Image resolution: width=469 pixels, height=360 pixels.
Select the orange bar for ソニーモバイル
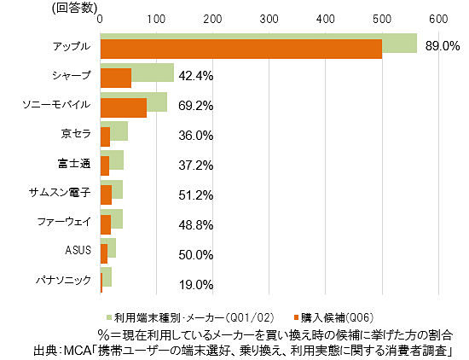pyautogui.click(x=124, y=107)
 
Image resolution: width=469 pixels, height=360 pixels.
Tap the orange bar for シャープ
pyautogui.click(x=116, y=78)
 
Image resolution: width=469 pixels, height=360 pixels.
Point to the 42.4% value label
pyautogui.click(x=195, y=76)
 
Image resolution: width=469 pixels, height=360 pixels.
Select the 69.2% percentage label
pyautogui.click(x=195, y=106)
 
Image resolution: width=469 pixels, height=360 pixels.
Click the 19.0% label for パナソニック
pyautogui.click(x=195, y=284)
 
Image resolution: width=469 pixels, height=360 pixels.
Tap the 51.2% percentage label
pyautogui.click(x=195, y=195)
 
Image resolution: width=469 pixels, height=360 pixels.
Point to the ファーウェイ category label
pyautogui.click(x=64, y=222)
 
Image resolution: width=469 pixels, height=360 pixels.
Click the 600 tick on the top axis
pyautogui.click(x=437, y=19)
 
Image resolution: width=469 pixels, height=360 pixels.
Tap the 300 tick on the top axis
pyautogui.click(x=269, y=19)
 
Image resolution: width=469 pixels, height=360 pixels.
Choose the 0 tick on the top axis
pyautogui.click(x=101, y=19)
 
